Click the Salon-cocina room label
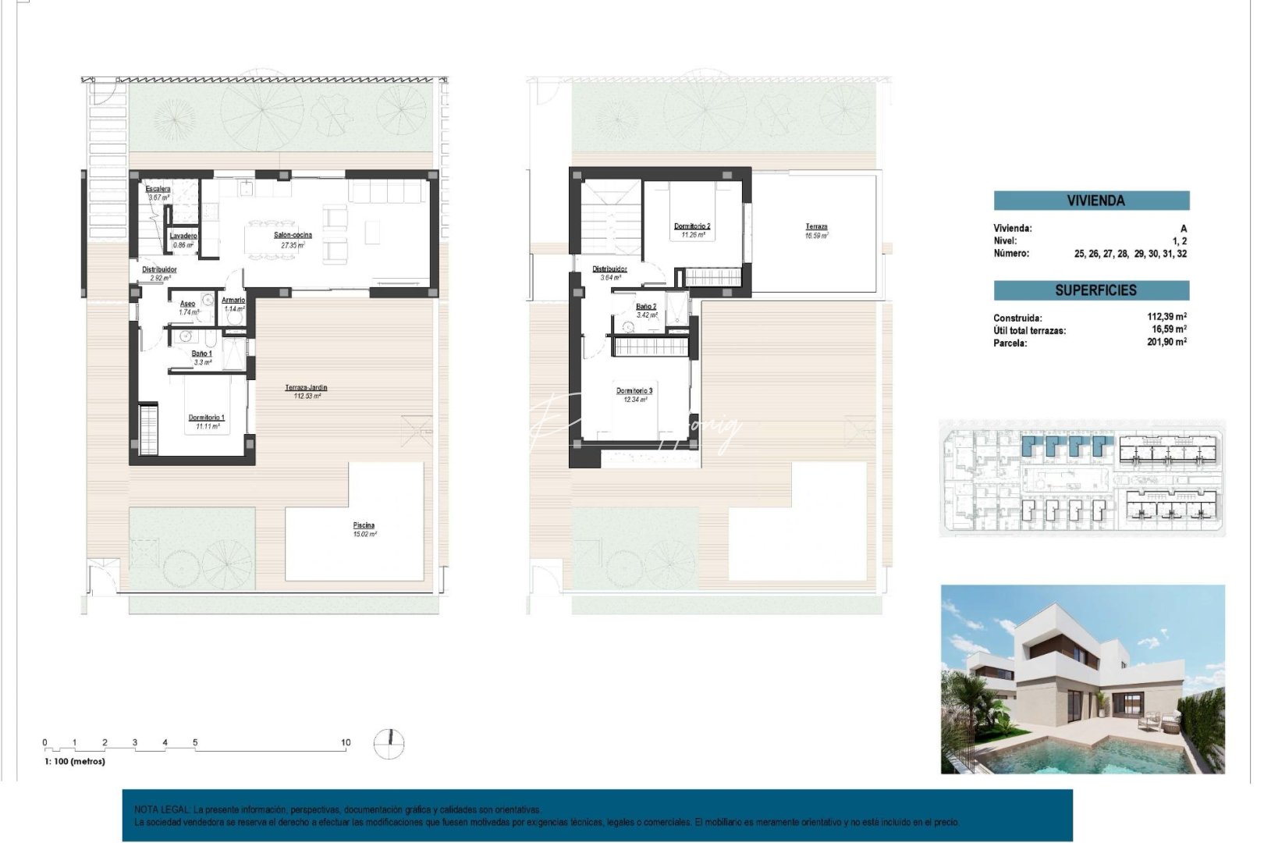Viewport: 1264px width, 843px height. coord(293,235)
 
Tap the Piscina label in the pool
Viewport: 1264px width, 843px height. coord(364,525)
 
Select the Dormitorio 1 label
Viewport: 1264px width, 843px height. coord(207,418)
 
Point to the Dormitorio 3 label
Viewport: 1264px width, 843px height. coord(634,391)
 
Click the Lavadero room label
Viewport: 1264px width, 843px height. coord(183,236)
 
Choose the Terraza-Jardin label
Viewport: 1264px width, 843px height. coord(306,387)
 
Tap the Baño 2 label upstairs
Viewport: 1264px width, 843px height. coord(646,307)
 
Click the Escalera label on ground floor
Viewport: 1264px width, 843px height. coord(158,189)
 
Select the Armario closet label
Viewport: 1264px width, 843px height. coord(233,300)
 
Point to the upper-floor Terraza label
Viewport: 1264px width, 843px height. coord(816,227)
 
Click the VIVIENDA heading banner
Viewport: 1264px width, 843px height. coord(1095,201)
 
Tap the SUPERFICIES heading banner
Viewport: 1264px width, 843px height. coord(1095,290)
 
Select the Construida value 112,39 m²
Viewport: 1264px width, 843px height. coord(1166,317)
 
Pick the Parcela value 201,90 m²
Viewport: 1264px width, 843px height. coord(1166,342)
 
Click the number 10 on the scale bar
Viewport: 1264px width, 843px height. coord(346,742)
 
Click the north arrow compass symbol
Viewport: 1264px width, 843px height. coord(389,742)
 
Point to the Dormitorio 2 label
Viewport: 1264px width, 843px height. coord(692,226)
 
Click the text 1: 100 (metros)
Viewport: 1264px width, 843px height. coord(75,761)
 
